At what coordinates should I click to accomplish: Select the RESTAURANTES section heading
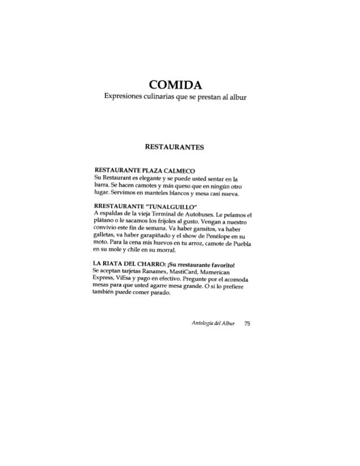pyautogui.click(x=179, y=149)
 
